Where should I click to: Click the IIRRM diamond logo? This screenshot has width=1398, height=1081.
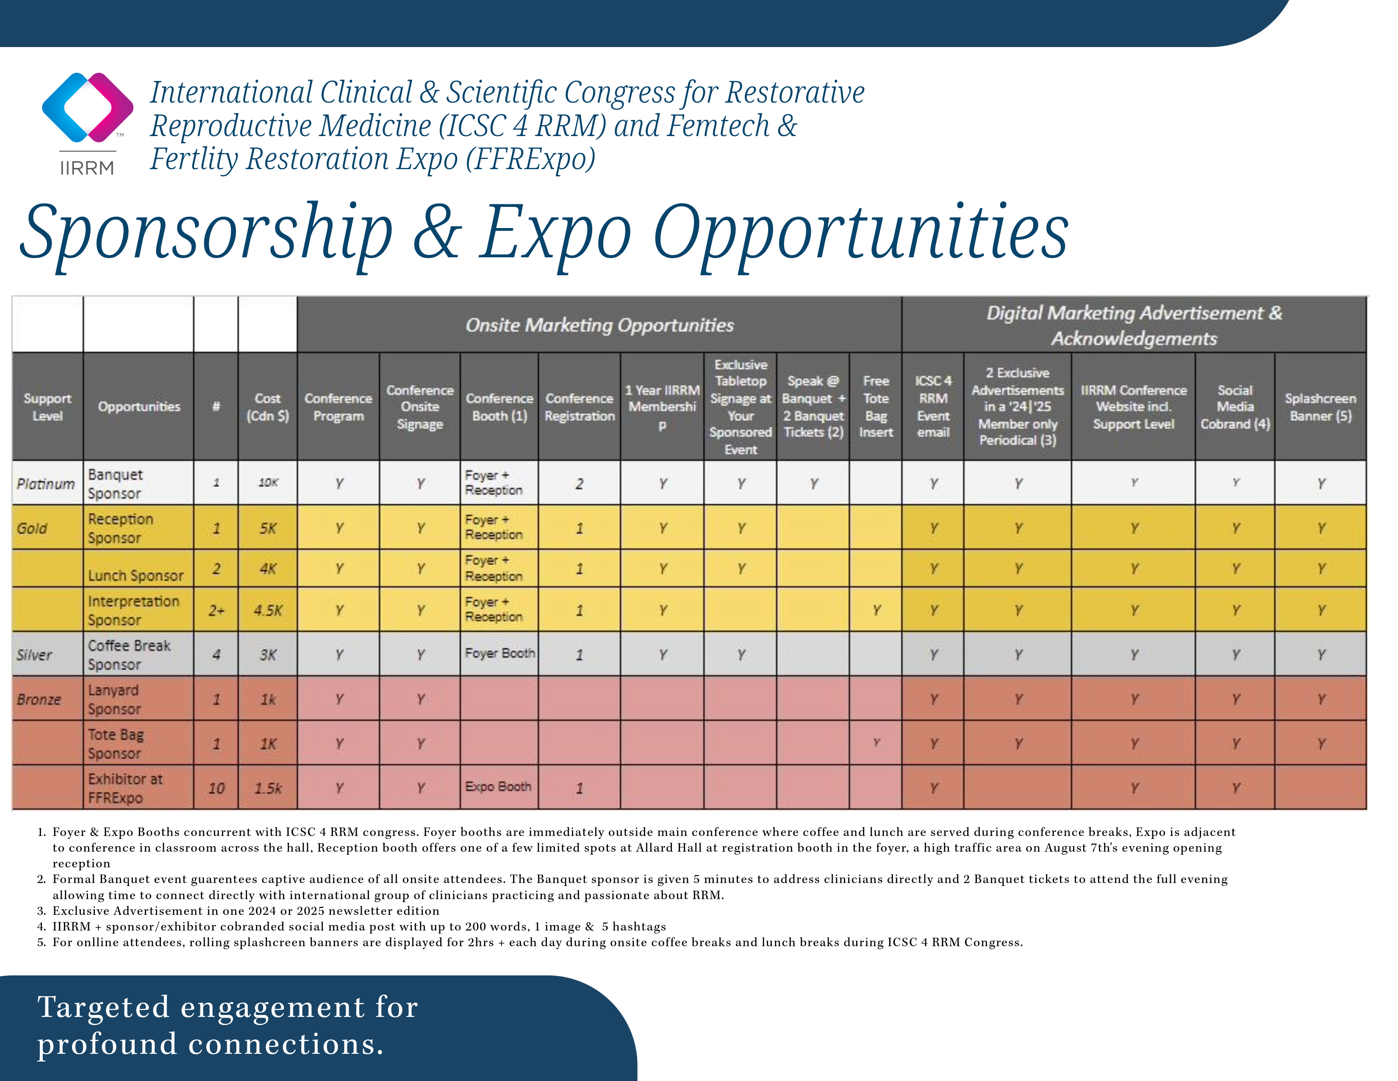click(88, 108)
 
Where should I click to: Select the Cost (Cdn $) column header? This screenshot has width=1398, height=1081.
click(268, 407)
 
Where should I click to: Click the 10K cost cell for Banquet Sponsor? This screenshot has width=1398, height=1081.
click(268, 483)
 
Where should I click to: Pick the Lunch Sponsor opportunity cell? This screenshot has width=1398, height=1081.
click(136, 576)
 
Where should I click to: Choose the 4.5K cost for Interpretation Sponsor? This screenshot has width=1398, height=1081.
click(268, 610)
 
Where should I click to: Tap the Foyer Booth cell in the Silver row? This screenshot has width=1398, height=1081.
click(500, 653)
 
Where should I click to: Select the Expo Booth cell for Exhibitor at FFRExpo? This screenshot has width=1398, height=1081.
click(498, 786)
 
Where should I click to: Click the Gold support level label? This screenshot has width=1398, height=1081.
click(32, 528)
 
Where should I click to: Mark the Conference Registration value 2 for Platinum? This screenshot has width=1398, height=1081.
click(579, 484)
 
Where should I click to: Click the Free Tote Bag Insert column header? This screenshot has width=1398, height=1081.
click(876, 407)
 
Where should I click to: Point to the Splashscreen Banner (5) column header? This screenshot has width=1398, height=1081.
click(1320, 407)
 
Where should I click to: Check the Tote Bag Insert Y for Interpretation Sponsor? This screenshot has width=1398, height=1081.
click(877, 610)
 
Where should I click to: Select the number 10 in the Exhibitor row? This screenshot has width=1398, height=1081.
click(216, 788)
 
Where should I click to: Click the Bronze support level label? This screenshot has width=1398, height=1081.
click(39, 699)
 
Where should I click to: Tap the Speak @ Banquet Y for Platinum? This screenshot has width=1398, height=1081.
click(813, 484)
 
